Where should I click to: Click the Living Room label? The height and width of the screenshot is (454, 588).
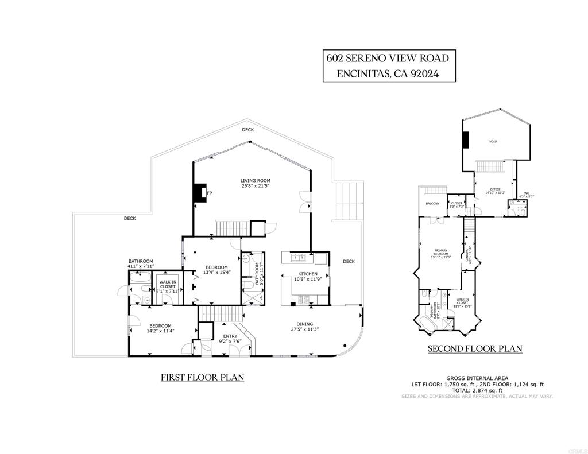tap(255, 181)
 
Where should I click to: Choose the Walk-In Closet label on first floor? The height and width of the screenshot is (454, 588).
tap(168, 282)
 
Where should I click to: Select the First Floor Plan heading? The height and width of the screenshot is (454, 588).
tap(202, 377)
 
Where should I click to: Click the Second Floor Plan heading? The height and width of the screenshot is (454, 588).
tap(474, 348)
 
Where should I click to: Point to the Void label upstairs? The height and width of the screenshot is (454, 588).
tap(493, 142)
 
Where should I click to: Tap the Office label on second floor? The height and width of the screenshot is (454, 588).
tap(495, 189)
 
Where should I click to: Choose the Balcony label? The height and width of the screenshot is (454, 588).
tap(432, 203)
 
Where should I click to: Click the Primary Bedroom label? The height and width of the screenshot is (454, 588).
tap(440, 250)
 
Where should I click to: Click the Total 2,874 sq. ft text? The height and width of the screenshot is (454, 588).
tap(477, 390)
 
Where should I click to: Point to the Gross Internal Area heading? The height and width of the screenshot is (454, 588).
tap(477, 378)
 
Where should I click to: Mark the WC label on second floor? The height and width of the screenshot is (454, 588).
tap(526, 193)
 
